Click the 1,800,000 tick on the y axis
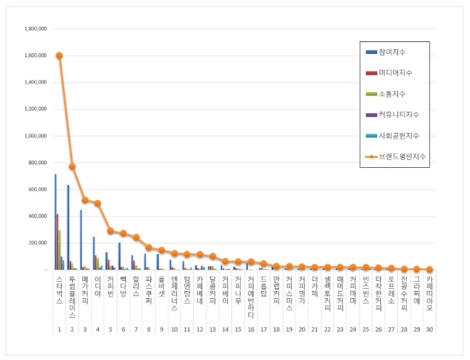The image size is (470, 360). (x=36, y=29)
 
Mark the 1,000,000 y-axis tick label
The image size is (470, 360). (x=36, y=136)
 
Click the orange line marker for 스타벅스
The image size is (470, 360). (x=59, y=55)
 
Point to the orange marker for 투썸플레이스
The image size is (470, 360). (x=72, y=166)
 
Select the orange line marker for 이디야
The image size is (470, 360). (x=98, y=203)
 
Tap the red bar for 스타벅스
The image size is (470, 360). (x=57, y=242)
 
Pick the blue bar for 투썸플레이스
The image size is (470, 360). (x=68, y=228)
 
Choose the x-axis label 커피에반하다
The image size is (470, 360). (x=251, y=293)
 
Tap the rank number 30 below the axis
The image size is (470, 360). (x=429, y=329)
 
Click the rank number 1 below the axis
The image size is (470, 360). (x=59, y=329)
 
